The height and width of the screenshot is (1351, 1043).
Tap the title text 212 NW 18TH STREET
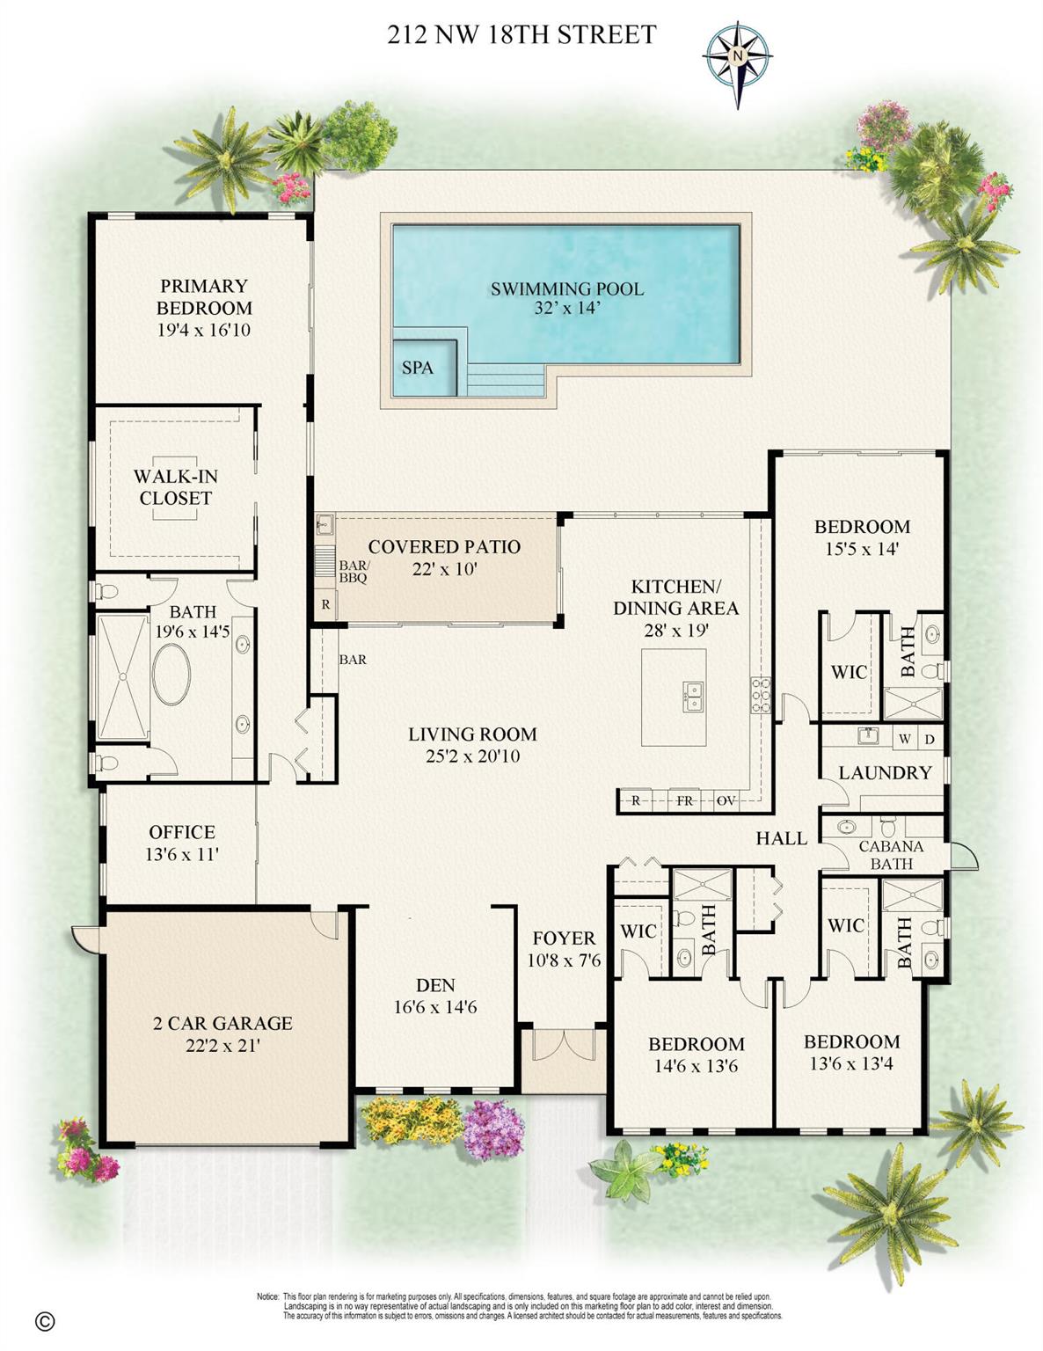pos(521,34)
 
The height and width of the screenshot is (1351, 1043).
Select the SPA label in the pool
pos(417,368)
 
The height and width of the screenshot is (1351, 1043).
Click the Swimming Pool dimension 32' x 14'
pos(566,309)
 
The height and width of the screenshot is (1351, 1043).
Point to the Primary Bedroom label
pos(204,296)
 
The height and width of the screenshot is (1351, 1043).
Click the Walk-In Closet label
pos(175,486)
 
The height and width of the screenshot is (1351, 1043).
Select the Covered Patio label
pos(444,546)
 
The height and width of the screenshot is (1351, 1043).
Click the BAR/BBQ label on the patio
pos(354,572)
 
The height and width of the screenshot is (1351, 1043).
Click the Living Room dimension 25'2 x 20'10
pos(472,756)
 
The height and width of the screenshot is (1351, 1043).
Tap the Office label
pos(182,831)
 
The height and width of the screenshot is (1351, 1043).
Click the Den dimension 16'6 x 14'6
pos(435,1008)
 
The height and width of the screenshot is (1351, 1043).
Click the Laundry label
pos(885,772)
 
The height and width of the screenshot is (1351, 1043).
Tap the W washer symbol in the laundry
pos(904,738)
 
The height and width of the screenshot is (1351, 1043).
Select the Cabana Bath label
pos(891,854)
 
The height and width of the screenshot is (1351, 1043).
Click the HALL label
pos(781,838)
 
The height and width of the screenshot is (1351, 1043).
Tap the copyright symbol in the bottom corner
pos(45,1321)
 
